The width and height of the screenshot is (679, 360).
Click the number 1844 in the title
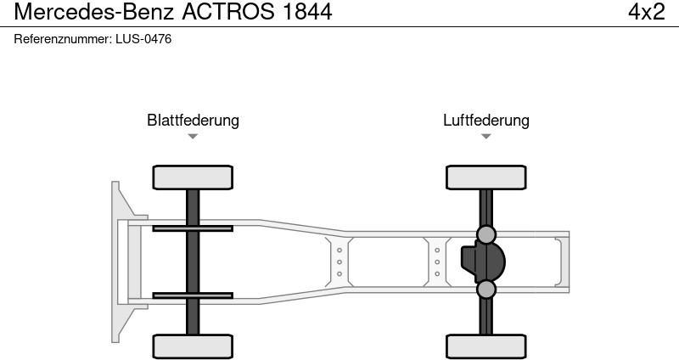point(303,12)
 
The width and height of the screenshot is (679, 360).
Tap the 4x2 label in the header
point(646,12)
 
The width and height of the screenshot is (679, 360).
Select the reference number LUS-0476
point(143,39)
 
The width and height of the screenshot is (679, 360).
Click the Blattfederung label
point(193,120)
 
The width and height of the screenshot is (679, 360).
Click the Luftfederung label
point(485,120)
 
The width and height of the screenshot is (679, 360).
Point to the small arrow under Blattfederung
point(193,136)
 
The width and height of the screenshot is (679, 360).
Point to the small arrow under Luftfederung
point(485,136)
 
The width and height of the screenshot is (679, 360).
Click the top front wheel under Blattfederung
point(193,177)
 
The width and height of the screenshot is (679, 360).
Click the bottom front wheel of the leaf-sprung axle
point(193,346)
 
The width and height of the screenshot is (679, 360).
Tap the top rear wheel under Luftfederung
point(485,177)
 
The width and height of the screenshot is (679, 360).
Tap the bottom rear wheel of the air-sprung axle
point(485,346)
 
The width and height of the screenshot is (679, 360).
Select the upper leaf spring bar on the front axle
point(193,228)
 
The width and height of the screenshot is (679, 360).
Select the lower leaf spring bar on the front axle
point(193,295)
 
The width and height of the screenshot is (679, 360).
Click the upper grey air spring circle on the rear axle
point(485,234)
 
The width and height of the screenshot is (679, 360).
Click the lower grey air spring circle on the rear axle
point(485,290)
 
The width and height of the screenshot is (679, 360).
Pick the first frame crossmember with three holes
point(339,262)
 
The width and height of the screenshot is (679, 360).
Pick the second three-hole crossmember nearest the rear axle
point(437,262)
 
